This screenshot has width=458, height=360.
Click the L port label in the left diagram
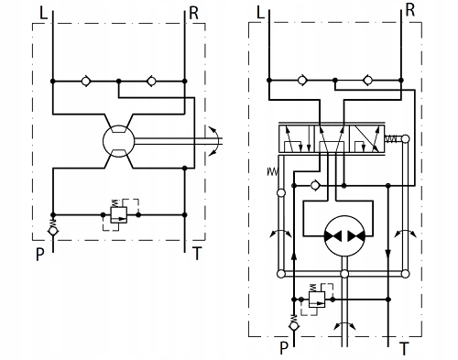point(44,13)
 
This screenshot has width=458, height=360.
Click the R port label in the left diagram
point(194,13)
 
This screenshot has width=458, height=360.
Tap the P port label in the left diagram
point(40,254)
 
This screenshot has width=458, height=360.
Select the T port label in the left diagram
point(197,253)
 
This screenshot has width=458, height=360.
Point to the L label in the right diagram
point(260,13)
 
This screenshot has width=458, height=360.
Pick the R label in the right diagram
point(410,11)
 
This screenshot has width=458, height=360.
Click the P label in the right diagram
point(284,348)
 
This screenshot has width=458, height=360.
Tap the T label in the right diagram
point(404,348)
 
